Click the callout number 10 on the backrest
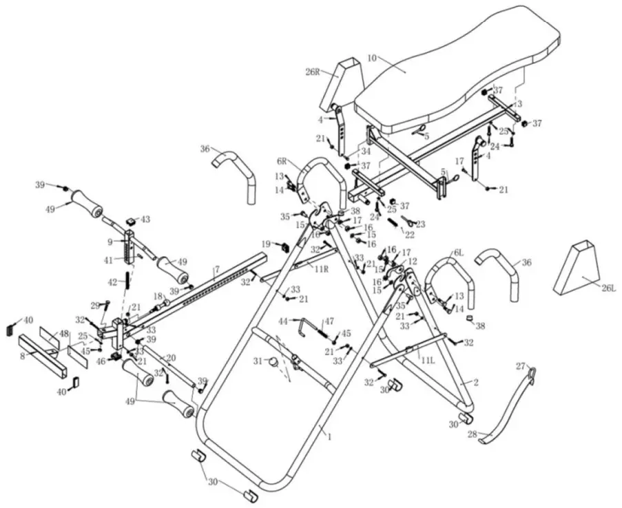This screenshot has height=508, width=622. tap(373, 59)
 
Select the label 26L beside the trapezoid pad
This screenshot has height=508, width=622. tap(608, 288)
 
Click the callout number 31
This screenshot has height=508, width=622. tap(258, 361)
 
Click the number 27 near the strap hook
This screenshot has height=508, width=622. tap(521, 366)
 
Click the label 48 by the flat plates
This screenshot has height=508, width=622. tap(63, 334)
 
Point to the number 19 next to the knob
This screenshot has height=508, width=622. tap(266, 244)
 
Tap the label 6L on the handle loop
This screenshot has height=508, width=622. tap(458, 253)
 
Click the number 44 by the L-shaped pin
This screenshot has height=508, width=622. tap(283, 321)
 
